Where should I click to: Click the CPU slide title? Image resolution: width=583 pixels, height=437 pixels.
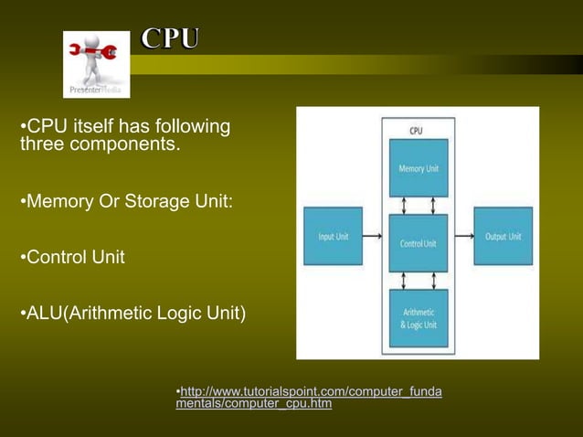pos(171,38)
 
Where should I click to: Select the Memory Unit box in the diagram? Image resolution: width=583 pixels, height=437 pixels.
pos(419,166)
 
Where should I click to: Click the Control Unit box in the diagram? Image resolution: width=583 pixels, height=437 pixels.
pos(419,241)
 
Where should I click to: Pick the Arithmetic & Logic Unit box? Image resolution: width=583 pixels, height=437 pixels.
pos(419,317)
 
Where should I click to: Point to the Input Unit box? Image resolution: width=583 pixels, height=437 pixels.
pos(333,236)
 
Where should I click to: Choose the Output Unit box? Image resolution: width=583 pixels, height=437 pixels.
pos(503,236)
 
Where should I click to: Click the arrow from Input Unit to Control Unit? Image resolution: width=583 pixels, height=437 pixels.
pos(375,238)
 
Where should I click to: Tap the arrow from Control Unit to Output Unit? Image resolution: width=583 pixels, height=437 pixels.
pos(461,238)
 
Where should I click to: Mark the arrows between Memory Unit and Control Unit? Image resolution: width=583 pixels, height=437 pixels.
pos(419,204)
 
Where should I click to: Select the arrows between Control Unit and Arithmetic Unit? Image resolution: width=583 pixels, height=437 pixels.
pos(419,279)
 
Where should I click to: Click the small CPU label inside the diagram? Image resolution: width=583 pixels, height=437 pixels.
pos(416,131)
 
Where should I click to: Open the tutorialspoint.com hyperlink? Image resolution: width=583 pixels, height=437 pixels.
pos(308,398)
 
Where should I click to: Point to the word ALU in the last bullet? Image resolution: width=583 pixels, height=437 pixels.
pos(42,315)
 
